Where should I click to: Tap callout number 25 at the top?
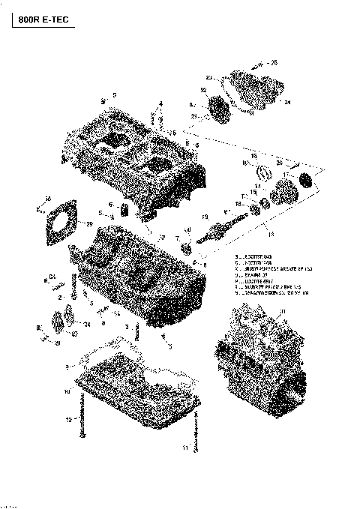pyautogui.click(x=274, y=62)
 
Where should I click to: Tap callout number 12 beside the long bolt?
pyautogui.click(x=68, y=418)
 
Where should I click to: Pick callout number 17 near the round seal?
pyautogui.click(x=286, y=174)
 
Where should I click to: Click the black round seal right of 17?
pyautogui.click(x=305, y=181)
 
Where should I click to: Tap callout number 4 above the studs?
pyautogui.click(x=160, y=103)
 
